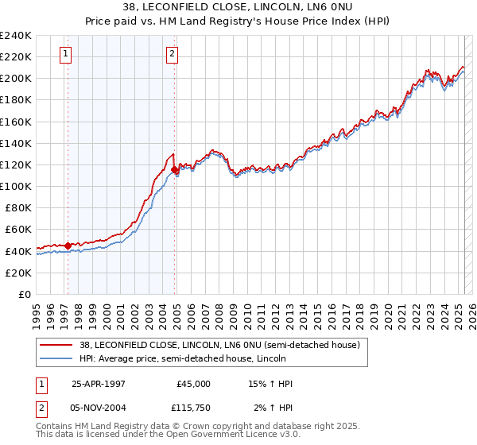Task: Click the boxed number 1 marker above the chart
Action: pyautogui.click(x=64, y=54)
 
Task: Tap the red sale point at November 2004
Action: pyautogui.click(x=174, y=169)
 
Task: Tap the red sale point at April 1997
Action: pyautogui.click(x=68, y=246)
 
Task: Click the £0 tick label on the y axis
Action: pyautogui.click(x=25, y=294)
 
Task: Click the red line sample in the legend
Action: pyautogui.click(x=56, y=345)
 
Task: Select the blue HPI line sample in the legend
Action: pyautogui.click(x=56, y=358)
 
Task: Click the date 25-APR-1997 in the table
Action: pyautogui.click(x=99, y=384)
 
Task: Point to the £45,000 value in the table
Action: pyautogui.click(x=193, y=384)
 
